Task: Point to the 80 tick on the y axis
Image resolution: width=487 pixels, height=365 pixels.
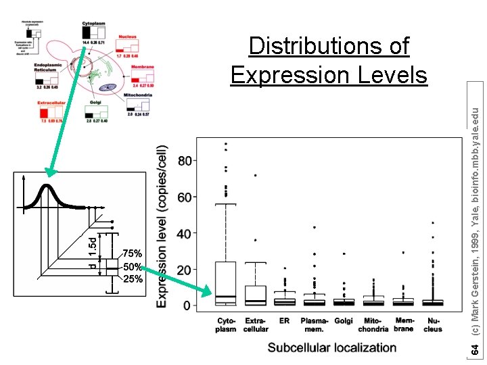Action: [185, 161]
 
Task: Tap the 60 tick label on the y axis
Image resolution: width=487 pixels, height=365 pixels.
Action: [185, 197]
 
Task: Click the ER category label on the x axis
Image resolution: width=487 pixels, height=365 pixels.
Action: [284, 320]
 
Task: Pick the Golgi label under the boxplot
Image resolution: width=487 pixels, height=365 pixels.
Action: [344, 320]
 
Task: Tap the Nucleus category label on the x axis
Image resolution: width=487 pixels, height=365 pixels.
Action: [433, 324]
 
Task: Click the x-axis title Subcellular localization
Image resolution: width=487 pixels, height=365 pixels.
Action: [331, 347]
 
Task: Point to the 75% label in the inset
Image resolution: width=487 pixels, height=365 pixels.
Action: [133, 253]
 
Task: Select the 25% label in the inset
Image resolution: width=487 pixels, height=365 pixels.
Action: [133, 278]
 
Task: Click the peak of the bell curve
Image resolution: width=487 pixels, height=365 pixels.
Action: [46, 185]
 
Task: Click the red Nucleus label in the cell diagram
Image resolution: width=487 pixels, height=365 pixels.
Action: [127, 36]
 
